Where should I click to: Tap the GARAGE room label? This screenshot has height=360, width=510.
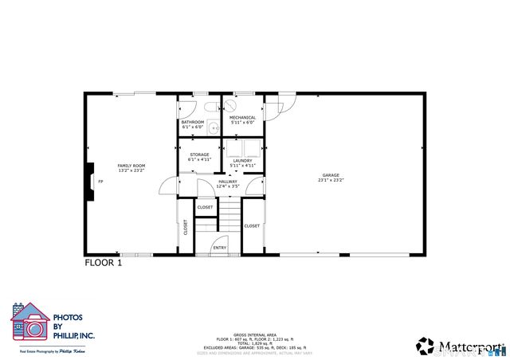coord(331,175)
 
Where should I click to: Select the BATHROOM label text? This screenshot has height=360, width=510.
coord(193,123)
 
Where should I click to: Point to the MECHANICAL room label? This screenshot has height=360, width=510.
coord(242,118)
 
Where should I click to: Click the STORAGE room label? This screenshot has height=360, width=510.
coord(199,155)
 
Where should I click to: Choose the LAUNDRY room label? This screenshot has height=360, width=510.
coord(242,160)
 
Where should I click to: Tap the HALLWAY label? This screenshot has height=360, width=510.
coord(228,182)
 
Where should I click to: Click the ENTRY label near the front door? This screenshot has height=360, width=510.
coord(219,248)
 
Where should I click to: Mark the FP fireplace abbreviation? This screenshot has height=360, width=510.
coord(100,181)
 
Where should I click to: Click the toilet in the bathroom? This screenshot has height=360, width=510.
coord(210,106)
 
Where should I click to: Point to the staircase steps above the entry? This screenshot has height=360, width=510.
coord(229,216)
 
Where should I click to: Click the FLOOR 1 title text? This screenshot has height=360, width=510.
coord(104,262)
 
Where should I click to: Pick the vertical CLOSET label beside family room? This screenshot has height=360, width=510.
coord(185,227)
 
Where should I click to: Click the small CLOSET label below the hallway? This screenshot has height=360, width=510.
coord(205,207)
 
